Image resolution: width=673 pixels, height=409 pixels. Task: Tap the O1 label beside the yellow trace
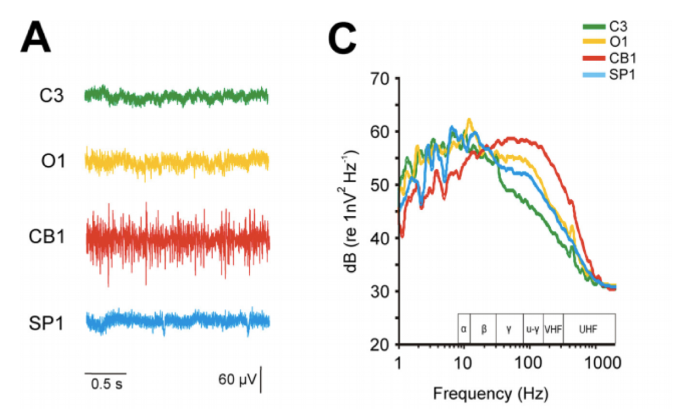(x=52, y=160)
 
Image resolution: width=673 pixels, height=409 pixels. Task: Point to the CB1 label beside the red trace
(x=47, y=236)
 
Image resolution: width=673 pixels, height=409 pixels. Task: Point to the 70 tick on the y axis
(x=381, y=77)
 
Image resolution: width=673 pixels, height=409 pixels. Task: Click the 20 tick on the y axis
(x=381, y=344)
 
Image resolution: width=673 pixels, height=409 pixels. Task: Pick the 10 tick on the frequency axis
(x=464, y=363)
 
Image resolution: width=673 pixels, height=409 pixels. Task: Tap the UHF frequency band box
(x=589, y=329)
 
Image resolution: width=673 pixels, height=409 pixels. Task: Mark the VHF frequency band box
(x=553, y=329)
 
